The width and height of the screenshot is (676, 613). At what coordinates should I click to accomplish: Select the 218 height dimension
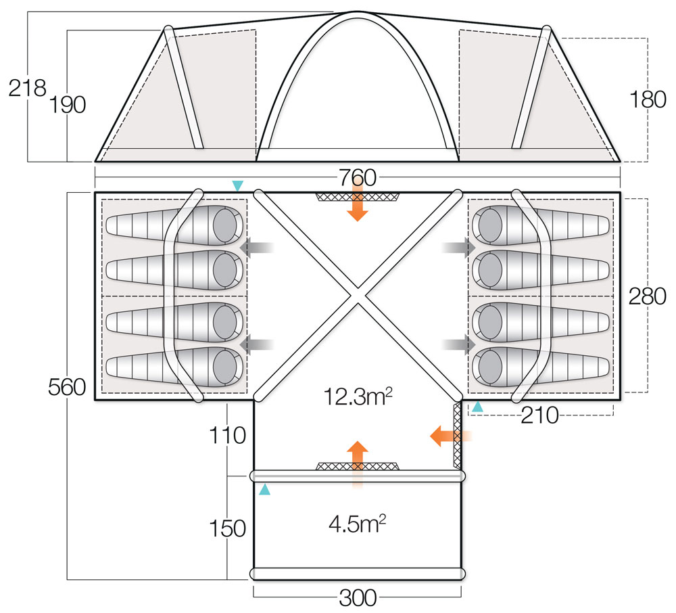pos(26,88)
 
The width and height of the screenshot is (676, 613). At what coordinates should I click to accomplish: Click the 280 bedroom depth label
pos(648,296)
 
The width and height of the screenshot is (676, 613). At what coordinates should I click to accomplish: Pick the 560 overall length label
pos(67,388)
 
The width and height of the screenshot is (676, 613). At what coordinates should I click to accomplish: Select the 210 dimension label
pos(539,415)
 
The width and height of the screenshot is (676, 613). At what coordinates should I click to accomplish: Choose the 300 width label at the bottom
pos(358,598)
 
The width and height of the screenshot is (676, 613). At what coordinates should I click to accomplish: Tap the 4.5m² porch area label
pos(358,523)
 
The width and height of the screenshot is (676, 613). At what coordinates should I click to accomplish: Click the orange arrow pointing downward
pos(358,207)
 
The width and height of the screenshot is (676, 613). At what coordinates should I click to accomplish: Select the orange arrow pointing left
pos(445,436)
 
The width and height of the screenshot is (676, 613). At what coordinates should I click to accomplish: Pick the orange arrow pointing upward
pos(358,457)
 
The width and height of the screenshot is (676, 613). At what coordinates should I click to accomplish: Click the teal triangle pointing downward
pos(237,185)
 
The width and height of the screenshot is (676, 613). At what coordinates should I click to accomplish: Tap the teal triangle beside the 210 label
pos(477,407)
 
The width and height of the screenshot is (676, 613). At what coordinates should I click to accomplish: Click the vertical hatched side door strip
pos(457,435)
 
